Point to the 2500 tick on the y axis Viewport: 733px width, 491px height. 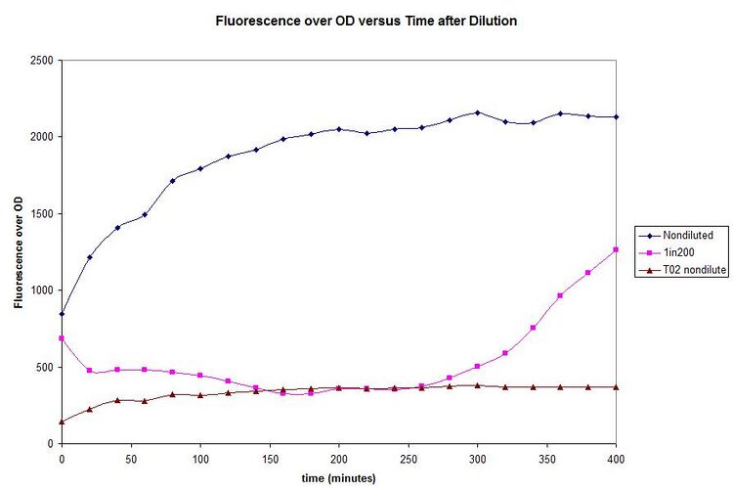(42, 61)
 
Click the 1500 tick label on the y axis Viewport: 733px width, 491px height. (42, 214)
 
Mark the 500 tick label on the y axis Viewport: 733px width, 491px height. (45, 368)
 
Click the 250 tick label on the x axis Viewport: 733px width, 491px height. (408, 457)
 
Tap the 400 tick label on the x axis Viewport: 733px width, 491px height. (616, 457)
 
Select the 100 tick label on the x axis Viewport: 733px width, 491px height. (200, 457)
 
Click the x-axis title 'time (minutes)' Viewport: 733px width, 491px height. (337, 478)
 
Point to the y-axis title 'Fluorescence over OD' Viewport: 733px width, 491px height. (19, 252)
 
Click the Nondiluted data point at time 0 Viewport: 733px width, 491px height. (62, 314)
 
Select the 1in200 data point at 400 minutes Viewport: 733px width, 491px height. (616, 249)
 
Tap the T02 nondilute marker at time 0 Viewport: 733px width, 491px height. (62, 422)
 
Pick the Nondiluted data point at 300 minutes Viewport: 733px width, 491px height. (477, 112)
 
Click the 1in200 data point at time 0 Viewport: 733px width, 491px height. (62, 338)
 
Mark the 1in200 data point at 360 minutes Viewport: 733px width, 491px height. (560, 295)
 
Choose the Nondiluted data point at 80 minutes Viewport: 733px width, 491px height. (173, 180)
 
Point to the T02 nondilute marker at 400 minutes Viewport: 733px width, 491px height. (616, 387)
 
